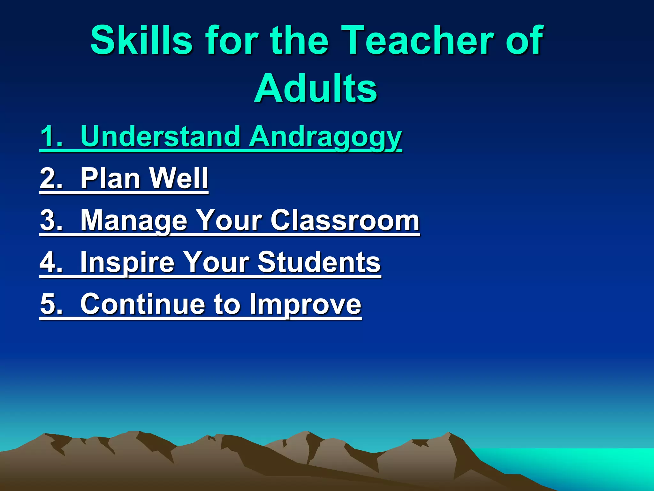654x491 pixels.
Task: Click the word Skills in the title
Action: click(141, 41)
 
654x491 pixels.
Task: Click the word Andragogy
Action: click(325, 137)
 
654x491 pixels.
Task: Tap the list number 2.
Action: click(51, 178)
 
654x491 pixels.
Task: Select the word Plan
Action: click(110, 178)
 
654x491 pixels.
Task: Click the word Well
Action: click(179, 178)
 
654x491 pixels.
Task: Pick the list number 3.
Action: click(51, 220)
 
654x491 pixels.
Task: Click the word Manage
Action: click(133, 220)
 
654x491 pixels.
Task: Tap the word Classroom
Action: click(345, 220)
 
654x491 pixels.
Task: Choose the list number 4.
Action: click(51, 262)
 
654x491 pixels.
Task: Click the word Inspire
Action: click(127, 262)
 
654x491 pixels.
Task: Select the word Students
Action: click(319, 262)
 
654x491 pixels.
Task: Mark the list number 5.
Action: click(51, 304)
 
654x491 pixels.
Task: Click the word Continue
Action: click(142, 304)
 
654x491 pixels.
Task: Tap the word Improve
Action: click(305, 304)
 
